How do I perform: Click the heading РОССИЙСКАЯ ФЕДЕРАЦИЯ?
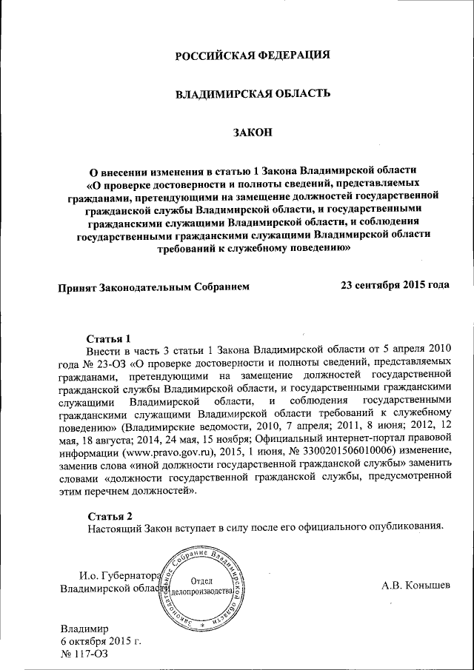click(x=252, y=56)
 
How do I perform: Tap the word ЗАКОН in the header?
click(x=253, y=133)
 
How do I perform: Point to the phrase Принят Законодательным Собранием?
click(x=155, y=285)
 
